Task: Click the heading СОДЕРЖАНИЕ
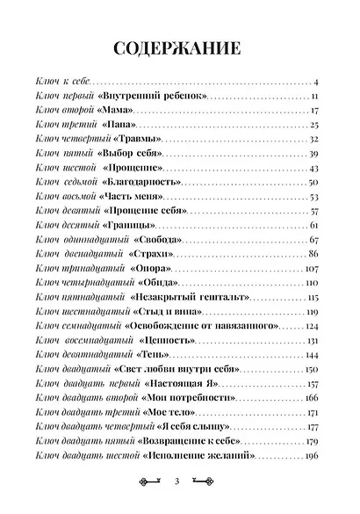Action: pyautogui.click(x=180, y=45)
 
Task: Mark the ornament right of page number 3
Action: pyautogui.click(x=203, y=482)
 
